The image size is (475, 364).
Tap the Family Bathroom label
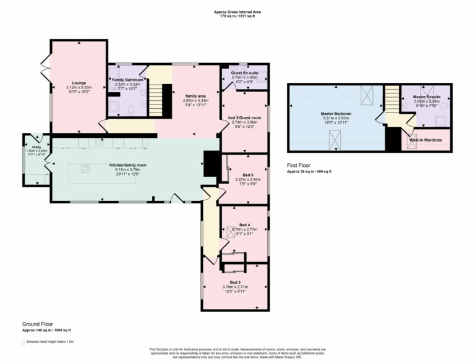127,80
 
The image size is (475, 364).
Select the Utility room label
36,147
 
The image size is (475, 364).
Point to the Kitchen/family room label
127,166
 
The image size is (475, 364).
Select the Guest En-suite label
244,73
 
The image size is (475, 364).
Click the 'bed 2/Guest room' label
244,117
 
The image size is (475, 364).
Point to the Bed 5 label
247,175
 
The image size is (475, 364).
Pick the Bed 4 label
244,224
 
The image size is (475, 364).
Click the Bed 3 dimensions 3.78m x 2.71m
235,287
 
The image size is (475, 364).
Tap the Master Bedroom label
336,114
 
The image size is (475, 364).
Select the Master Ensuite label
427,96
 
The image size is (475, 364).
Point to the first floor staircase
392,99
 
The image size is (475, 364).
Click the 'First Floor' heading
300,166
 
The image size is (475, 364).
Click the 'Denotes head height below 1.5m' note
50,341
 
